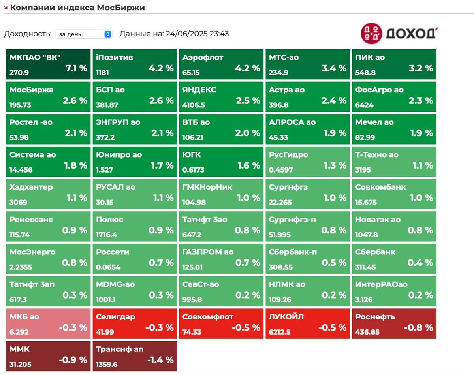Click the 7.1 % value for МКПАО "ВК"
[x=76, y=68]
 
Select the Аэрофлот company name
[x=203, y=58]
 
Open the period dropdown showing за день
[x=83, y=34]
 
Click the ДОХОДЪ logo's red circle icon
[x=371, y=33]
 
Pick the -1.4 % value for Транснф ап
[x=160, y=360]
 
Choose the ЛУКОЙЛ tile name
[x=286, y=317]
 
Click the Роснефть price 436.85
[x=367, y=332]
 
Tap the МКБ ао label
[x=24, y=317]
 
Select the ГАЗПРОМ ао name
[x=208, y=252]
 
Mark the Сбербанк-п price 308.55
[x=280, y=267]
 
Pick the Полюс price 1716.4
[x=106, y=235]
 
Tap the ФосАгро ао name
[x=379, y=90]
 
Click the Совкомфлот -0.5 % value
[x=246, y=327]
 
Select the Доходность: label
[x=28, y=34]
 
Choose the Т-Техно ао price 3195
[x=363, y=170]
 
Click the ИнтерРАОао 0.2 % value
[x=420, y=295]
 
